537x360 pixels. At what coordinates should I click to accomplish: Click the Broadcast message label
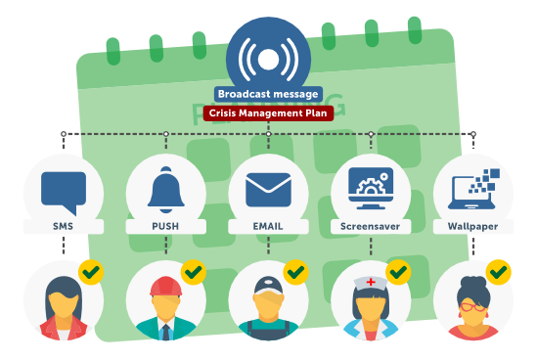point(268,95)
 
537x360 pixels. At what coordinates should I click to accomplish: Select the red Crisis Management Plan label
point(268,112)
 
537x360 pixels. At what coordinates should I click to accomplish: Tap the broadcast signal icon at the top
point(268,58)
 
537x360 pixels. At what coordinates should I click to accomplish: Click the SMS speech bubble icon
point(64,189)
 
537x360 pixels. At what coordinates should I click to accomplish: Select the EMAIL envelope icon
point(268,188)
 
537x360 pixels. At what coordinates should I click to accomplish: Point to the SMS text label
point(63,226)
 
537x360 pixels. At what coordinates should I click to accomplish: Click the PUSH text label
point(165,226)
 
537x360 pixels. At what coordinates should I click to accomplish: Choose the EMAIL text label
point(268,226)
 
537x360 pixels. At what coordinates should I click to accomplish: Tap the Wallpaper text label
point(471,226)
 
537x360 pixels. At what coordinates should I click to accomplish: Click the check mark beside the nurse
point(397,271)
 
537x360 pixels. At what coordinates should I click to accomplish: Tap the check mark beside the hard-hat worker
point(193,271)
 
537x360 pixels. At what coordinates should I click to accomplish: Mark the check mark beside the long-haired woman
point(91,271)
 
